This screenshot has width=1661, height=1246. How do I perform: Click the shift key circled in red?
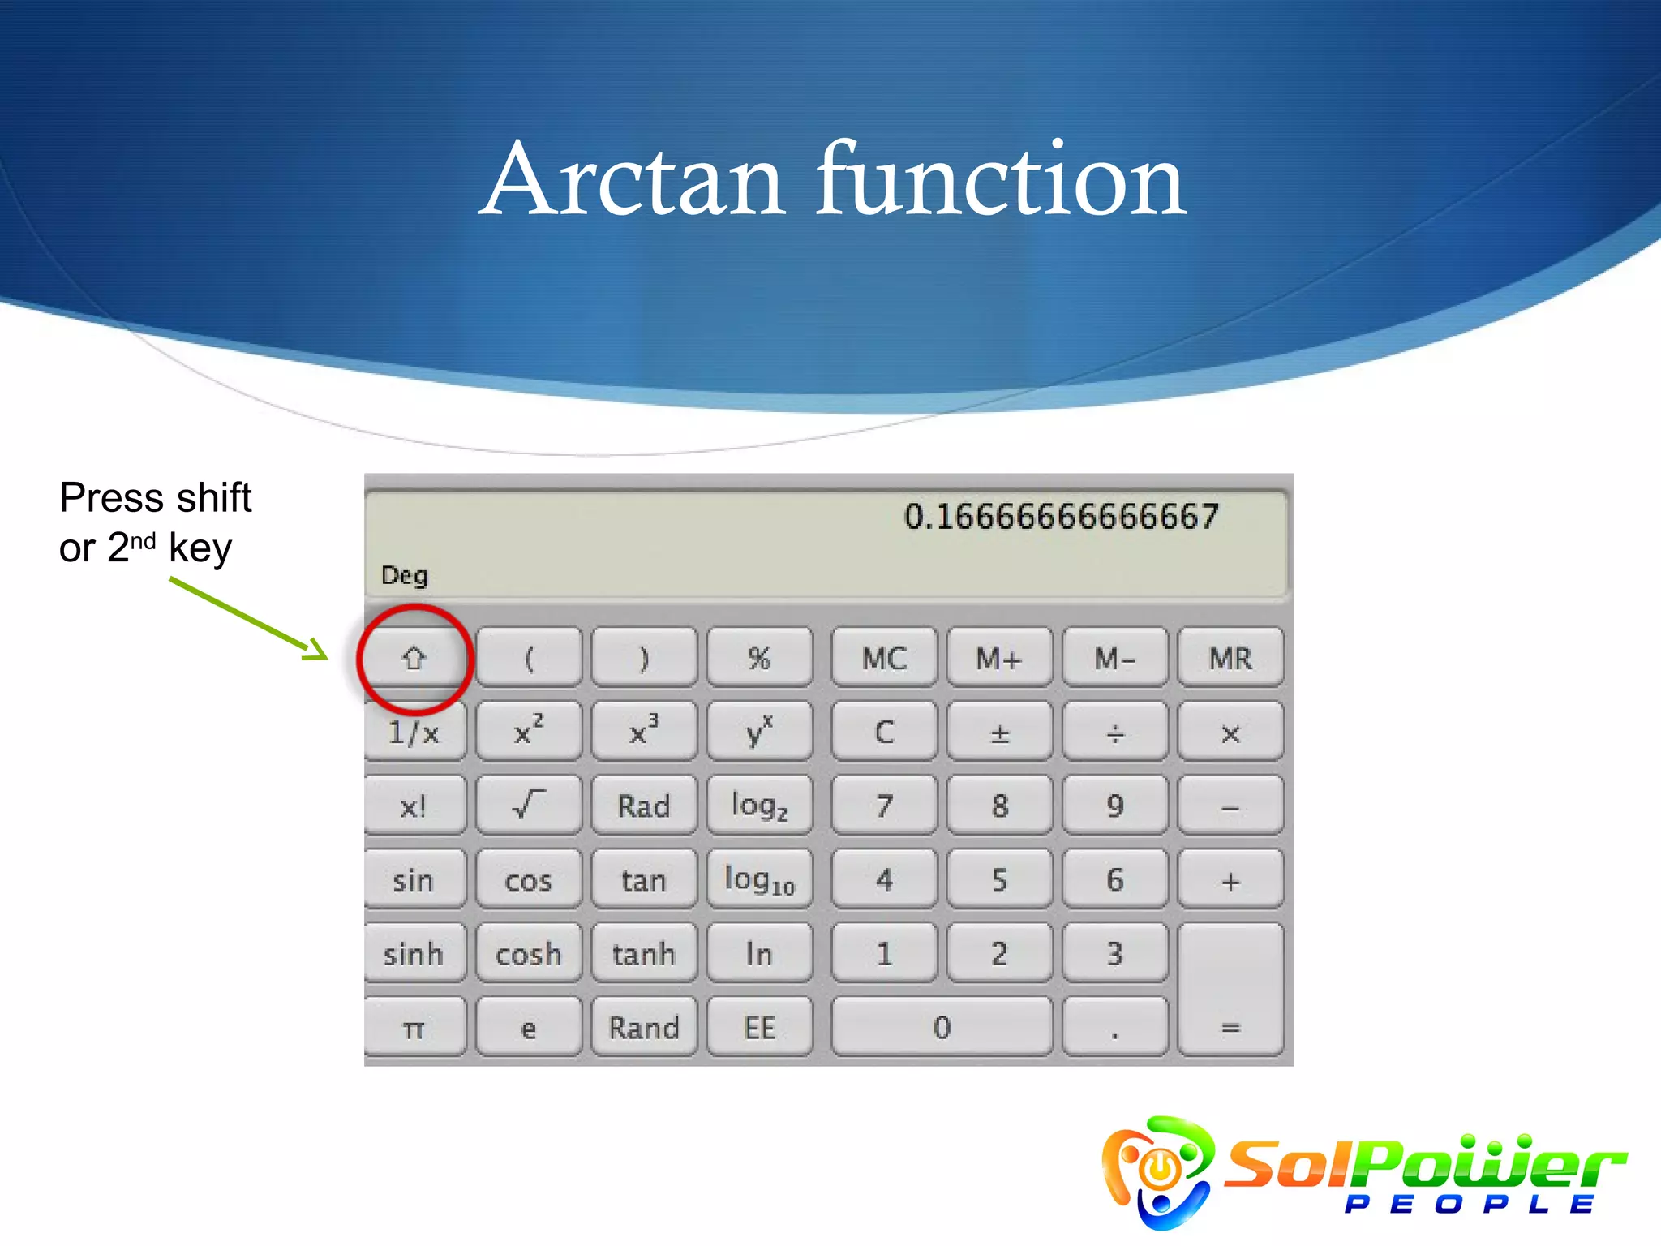pyautogui.click(x=414, y=657)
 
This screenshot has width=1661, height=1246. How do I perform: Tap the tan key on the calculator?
pyautogui.click(x=643, y=880)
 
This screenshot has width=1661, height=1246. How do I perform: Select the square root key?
pyautogui.click(x=528, y=806)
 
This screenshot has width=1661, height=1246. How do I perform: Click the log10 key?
pyautogui.click(x=759, y=880)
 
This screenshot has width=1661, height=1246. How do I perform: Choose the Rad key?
pyautogui.click(x=643, y=806)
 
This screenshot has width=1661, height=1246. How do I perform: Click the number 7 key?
pyautogui.click(x=884, y=806)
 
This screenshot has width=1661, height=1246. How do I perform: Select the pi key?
pyautogui.click(x=414, y=1028)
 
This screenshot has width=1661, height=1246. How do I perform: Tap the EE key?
pyautogui.click(x=759, y=1028)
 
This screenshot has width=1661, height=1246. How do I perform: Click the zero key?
pyautogui.click(x=942, y=1028)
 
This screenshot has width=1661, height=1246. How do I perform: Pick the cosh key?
pyautogui.click(x=528, y=954)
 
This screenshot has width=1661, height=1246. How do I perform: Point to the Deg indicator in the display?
pyautogui.click(x=404, y=575)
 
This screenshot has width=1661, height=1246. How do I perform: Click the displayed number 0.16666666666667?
pyautogui.click(x=1061, y=517)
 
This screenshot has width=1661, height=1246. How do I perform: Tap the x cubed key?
pyautogui.click(x=643, y=732)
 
